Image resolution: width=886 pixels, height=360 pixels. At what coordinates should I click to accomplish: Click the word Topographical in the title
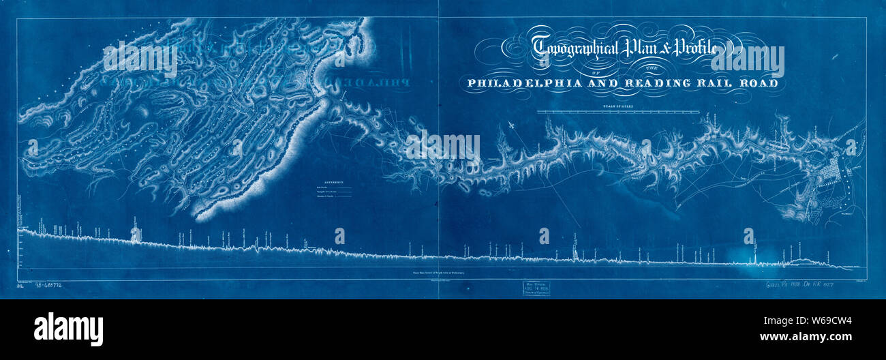pos(575,48)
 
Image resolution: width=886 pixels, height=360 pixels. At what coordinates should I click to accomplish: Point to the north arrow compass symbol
pos(512,127)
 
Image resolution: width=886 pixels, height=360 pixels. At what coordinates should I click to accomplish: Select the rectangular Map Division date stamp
pos(532,288)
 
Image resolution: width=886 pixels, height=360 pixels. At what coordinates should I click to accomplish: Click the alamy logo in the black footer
pos(68,329)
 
